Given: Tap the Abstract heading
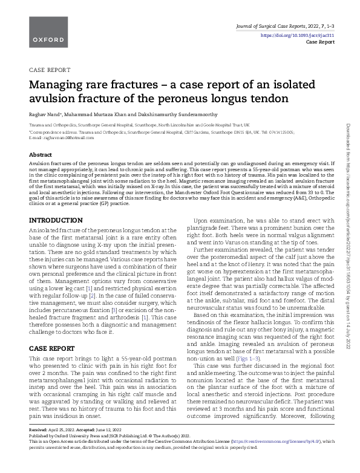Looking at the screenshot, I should [x=41, y=155].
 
